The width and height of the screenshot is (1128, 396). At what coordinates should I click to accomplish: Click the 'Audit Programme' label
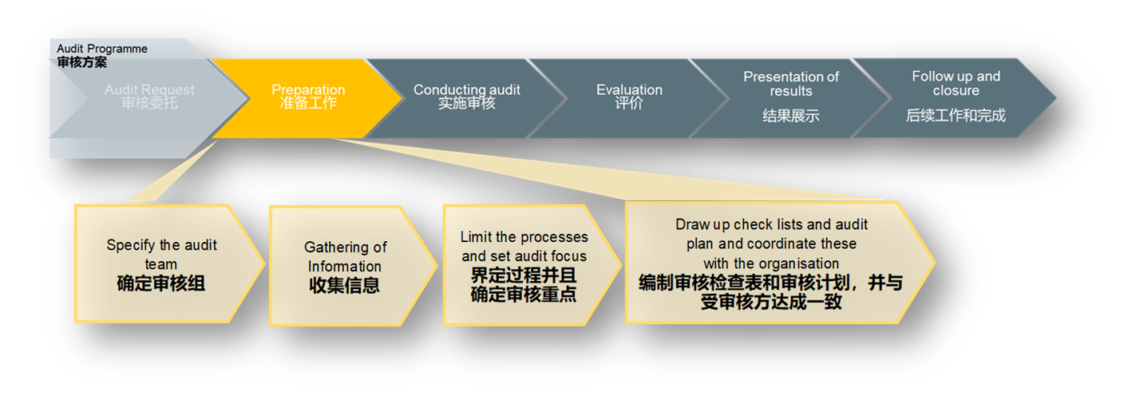click(x=102, y=49)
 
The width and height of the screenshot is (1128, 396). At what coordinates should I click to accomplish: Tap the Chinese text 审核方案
click(x=81, y=62)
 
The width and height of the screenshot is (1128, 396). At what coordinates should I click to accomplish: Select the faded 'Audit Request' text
click(x=149, y=90)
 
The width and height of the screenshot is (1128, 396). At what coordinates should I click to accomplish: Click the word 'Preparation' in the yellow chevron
click(x=308, y=89)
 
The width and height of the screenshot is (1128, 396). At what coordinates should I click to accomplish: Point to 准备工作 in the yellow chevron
click(x=308, y=103)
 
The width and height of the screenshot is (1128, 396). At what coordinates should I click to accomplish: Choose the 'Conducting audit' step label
click(x=466, y=89)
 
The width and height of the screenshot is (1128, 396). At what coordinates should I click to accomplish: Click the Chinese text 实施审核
click(x=466, y=103)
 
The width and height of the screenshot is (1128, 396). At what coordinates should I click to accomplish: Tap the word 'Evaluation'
click(x=629, y=89)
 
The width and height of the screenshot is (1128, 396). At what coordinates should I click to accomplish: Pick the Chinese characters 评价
click(x=629, y=103)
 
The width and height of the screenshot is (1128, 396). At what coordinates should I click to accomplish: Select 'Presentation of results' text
click(x=790, y=84)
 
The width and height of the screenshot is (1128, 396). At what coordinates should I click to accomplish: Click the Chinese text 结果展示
click(x=790, y=117)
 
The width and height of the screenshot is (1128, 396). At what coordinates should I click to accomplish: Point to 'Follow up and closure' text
click(x=956, y=83)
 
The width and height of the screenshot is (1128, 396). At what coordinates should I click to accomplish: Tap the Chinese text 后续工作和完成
click(x=956, y=116)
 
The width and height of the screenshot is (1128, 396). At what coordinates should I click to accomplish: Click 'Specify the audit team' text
click(x=161, y=254)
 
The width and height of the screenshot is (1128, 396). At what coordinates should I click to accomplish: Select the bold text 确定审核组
click(x=161, y=283)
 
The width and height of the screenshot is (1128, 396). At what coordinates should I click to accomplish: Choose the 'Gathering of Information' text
click(x=345, y=256)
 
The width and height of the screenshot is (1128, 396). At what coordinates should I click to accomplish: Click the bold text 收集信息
click(x=345, y=285)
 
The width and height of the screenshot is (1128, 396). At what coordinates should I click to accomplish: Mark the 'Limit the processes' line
click(x=524, y=237)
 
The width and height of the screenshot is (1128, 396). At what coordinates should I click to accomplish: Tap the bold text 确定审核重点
click(x=524, y=295)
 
